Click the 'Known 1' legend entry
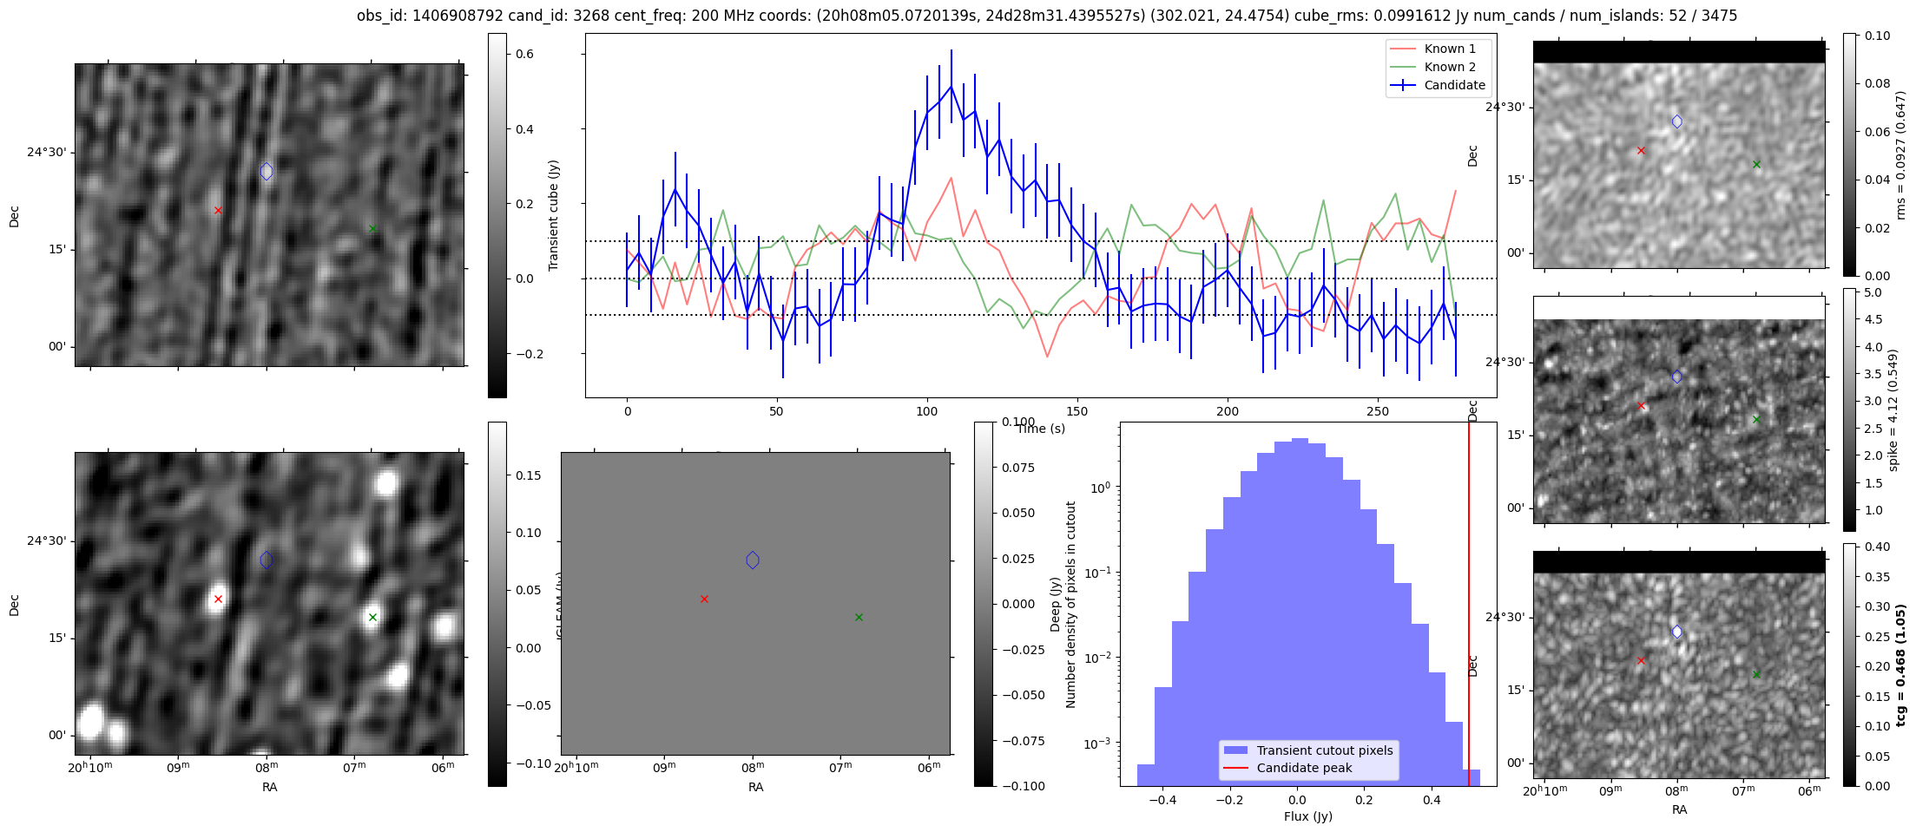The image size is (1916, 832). pyautogui.click(x=1450, y=49)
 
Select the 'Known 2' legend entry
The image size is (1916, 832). pyautogui.click(x=1450, y=67)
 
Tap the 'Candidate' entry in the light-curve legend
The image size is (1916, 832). pyautogui.click(x=1454, y=85)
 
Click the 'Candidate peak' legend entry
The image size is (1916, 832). pyautogui.click(x=1304, y=768)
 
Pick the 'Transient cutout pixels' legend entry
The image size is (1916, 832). pyautogui.click(x=1324, y=750)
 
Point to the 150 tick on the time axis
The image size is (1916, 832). pyautogui.click(x=1077, y=411)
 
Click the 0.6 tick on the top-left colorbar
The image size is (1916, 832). pyautogui.click(x=524, y=54)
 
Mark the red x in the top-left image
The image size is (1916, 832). pyautogui.click(x=218, y=210)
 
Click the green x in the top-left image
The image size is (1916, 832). pyautogui.click(x=372, y=229)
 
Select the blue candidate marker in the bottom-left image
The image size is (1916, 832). pyautogui.click(x=267, y=560)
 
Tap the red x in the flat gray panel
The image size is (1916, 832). pyautogui.click(x=704, y=599)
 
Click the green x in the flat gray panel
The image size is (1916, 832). pyautogui.click(x=859, y=618)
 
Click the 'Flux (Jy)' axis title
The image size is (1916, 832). pyautogui.click(x=1307, y=816)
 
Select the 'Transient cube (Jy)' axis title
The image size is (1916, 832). pyautogui.click(x=554, y=215)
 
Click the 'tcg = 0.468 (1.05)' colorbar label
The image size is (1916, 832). pyautogui.click(x=1900, y=665)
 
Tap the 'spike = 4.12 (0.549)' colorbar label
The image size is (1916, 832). pyautogui.click(x=1893, y=410)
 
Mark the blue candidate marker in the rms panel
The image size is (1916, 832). pyautogui.click(x=1676, y=121)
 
